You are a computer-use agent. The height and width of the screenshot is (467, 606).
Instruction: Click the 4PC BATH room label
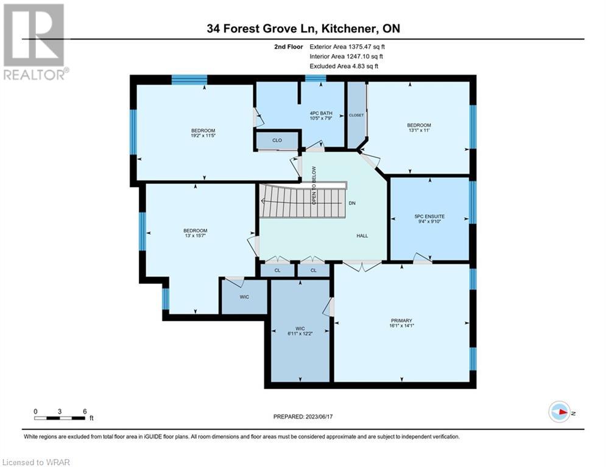point(321,114)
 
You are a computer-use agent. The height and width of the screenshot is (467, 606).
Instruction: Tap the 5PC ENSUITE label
point(429,216)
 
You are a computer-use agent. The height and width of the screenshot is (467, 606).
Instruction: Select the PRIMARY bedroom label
point(401,320)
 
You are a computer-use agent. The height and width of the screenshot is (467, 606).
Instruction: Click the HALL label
point(362,236)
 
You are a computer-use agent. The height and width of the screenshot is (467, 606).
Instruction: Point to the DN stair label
point(352,203)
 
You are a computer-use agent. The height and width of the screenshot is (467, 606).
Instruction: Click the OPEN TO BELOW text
point(314,185)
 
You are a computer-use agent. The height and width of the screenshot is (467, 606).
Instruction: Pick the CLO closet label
point(277,140)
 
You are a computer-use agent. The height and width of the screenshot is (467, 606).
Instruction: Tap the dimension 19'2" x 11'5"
point(203,136)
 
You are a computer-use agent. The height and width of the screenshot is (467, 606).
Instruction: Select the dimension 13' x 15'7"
point(195,235)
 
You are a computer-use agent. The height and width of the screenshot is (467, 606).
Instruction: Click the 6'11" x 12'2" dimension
point(300,333)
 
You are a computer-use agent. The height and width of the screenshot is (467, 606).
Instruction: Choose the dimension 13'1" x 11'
point(419,130)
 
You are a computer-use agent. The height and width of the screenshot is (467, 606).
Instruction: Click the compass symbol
point(559,412)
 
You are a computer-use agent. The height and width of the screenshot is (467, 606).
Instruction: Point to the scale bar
point(60,418)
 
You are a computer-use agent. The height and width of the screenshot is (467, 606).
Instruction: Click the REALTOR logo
point(35,42)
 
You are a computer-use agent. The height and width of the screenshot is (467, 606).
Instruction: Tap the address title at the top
point(303,29)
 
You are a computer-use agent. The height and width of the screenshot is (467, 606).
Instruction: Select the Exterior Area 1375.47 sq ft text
point(347,47)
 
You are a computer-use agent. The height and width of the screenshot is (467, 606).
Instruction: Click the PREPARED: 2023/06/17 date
point(303,417)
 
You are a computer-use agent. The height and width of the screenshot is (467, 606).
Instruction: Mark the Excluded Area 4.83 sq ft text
point(344,66)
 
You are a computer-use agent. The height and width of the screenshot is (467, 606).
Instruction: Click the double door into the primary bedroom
point(362,266)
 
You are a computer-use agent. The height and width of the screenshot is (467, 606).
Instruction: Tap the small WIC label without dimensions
point(244,297)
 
